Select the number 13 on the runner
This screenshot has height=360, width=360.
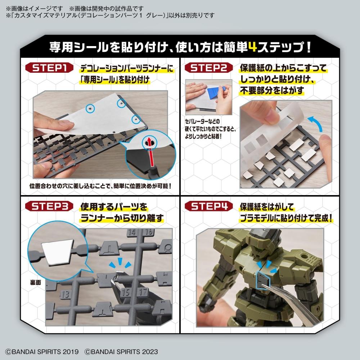pos(66,294)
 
